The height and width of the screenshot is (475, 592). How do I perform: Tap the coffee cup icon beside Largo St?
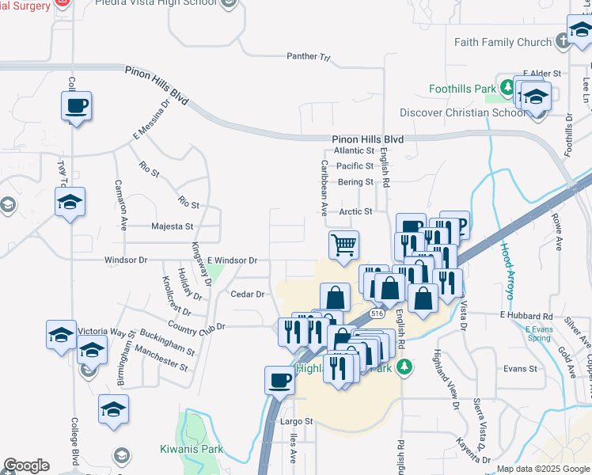point(279,380)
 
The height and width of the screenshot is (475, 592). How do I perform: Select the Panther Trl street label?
point(308,57)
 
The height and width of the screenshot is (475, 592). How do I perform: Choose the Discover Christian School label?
point(463,112)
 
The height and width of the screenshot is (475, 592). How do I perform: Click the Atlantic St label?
point(354,150)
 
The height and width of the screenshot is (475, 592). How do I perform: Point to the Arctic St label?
point(355,211)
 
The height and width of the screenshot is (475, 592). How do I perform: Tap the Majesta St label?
point(173,226)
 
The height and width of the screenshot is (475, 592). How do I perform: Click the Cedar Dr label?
point(247,294)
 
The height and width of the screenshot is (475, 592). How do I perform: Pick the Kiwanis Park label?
point(191,450)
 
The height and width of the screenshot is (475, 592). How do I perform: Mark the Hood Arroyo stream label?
point(507,269)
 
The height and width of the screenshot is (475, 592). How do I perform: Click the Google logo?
point(26,465)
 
